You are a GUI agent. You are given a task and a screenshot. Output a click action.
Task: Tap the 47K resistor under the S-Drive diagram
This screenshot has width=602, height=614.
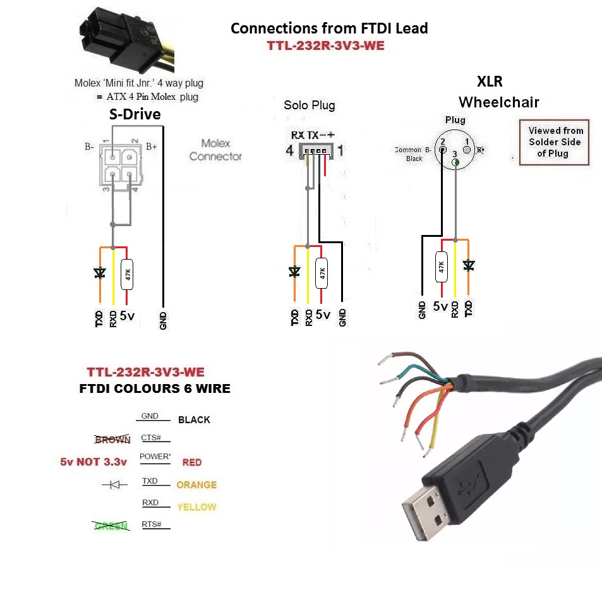[127, 274]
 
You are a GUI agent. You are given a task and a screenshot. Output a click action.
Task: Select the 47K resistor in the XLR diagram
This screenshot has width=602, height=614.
[441, 267]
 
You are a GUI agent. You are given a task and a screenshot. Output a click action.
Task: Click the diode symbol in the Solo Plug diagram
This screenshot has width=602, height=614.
[294, 272]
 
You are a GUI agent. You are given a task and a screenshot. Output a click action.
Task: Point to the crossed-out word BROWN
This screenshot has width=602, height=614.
[112, 440]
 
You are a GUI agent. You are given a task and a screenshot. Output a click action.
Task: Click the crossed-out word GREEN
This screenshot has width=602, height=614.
[110, 526]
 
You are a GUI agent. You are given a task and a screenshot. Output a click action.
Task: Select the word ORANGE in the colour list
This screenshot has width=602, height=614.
[196, 485]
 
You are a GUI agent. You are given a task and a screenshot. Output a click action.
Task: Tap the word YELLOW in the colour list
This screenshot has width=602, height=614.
[196, 507]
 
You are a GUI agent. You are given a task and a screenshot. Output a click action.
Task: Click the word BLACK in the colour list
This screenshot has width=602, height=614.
[194, 419]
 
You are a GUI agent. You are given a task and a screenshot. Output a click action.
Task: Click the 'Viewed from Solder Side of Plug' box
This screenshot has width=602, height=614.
[554, 142]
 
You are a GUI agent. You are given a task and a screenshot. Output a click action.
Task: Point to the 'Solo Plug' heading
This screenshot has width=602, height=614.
[309, 105]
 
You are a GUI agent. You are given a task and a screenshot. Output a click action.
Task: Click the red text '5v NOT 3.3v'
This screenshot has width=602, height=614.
[93, 462]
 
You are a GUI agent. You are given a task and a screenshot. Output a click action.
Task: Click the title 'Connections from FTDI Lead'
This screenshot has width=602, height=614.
[329, 28]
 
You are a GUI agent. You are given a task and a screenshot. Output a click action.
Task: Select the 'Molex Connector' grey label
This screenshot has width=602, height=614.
[215, 150]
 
